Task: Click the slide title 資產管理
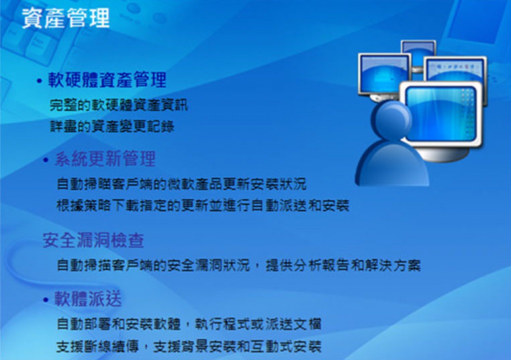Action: click(66, 18)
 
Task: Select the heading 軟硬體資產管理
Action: click(107, 80)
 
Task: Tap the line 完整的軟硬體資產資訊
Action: click(119, 105)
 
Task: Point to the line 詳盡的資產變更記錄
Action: click(112, 126)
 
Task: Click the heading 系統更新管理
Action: click(105, 159)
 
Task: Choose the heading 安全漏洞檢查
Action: click(93, 241)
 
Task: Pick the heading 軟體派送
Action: click(88, 299)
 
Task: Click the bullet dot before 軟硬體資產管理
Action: click(39, 80)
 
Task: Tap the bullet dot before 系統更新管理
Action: click(45, 160)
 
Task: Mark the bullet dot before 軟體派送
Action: click(45, 300)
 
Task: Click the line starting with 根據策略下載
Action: click(203, 205)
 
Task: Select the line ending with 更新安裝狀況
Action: click(182, 184)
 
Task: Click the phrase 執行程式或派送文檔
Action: click(258, 324)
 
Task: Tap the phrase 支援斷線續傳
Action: click(97, 347)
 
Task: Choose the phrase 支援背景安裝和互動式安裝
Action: click(237, 347)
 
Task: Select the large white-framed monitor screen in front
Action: click(441, 113)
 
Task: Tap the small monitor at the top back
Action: click(419, 52)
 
